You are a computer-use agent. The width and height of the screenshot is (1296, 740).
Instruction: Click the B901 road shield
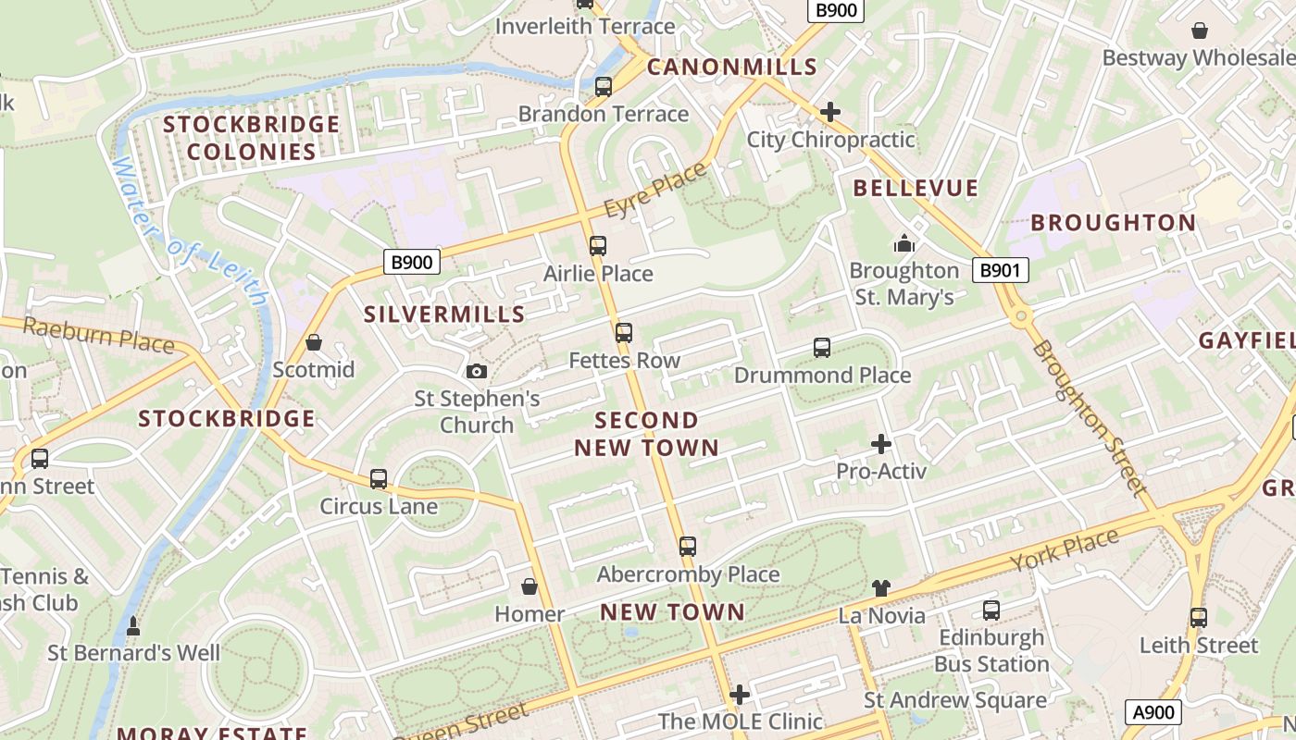click(1001, 270)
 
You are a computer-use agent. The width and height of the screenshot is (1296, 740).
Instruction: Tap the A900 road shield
click(1153, 712)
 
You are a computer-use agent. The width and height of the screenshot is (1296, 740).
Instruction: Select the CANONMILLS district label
click(731, 67)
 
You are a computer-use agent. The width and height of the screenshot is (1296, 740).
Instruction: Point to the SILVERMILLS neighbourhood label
click(444, 314)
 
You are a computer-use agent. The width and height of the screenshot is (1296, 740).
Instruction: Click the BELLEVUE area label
click(915, 189)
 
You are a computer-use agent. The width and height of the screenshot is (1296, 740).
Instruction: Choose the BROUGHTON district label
click(1113, 223)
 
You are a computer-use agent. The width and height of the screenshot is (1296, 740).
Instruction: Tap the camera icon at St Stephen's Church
click(477, 372)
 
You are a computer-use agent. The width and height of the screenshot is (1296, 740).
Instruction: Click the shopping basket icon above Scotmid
click(314, 343)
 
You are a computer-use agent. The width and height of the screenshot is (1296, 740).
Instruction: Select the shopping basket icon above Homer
click(530, 586)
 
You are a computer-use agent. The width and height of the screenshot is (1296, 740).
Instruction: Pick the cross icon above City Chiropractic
click(830, 112)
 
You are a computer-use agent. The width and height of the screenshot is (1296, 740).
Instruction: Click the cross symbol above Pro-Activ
click(880, 444)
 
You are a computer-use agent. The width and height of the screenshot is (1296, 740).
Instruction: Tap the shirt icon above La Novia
click(880, 588)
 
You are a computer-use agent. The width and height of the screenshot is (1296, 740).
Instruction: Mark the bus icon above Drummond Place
click(821, 348)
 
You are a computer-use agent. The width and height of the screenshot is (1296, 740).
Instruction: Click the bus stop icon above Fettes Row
click(624, 333)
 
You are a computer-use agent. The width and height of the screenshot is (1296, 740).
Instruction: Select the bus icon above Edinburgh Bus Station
click(991, 610)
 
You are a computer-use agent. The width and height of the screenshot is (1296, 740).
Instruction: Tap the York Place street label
click(1064, 549)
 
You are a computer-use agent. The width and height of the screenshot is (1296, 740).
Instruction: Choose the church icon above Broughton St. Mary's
click(903, 243)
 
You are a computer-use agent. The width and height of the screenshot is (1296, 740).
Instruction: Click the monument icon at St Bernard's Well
click(133, 626)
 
